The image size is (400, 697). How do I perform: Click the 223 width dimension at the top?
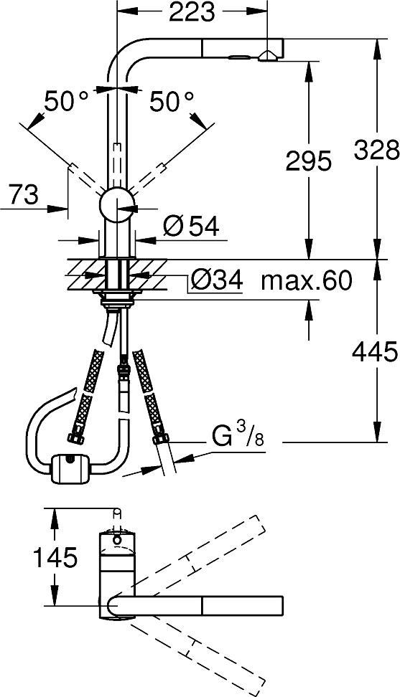pyautogui.click(x=192, y=13)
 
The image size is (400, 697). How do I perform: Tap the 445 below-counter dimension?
pyautogui.click(x=374, y=352)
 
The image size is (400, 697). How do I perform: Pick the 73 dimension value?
pyautogui.click(x=24, y=195)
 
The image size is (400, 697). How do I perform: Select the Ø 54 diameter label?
pyautogui.click(x=191, y=227)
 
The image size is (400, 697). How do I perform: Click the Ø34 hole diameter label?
pyautogui.click(x=216, y=280)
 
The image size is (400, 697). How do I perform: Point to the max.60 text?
pyautogui.click(x=307, y=280)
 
